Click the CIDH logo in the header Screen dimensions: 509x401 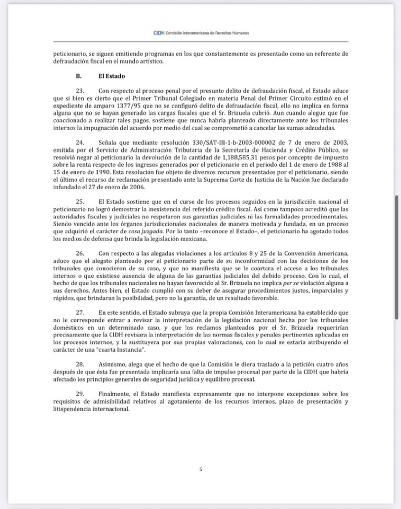(x=158, y=32)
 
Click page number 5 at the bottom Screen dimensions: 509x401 (x=200, y=469)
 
